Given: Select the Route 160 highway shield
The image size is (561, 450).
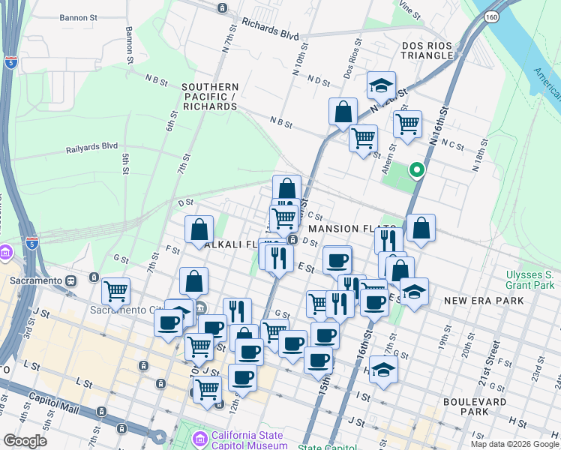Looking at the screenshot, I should [x=491, y=16].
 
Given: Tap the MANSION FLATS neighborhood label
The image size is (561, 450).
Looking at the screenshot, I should [x=351, y=228].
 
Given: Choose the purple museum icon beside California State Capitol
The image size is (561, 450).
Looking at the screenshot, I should [x=200, y=437].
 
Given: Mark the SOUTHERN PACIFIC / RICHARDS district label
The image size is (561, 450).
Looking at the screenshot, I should [x=210, y=97].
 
